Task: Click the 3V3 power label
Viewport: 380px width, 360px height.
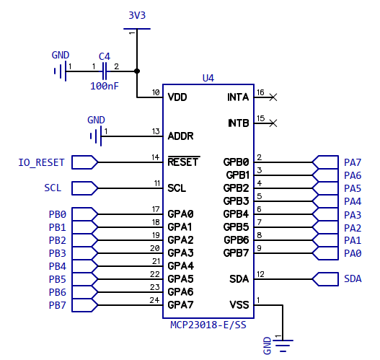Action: tap(137, 15)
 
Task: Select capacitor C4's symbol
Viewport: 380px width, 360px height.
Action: tap(105, 71)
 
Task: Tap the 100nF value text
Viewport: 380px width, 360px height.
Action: tap(105, 86)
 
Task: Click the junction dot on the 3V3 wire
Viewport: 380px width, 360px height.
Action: tap(137, 71)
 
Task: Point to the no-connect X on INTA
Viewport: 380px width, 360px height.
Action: tap(273, 97)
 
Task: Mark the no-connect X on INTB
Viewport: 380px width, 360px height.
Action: tap(273, 123)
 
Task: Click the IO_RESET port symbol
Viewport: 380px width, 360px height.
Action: tap(84, 162)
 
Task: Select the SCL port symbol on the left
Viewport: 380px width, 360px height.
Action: tap(84, 188)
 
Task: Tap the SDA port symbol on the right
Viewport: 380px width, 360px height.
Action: tap(325, 279)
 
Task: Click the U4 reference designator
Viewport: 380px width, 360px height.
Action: tap(208, 78)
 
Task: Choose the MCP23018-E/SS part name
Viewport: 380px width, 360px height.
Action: tap(208, 325)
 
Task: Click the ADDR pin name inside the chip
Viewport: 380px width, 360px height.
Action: tap(180, 136)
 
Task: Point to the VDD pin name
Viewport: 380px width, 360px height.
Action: tap(177, 97)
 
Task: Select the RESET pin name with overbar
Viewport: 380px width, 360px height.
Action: tap(183, 162)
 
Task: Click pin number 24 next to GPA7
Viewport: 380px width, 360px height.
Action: tap(154, 300)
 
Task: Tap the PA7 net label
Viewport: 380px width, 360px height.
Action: tap(353, 162)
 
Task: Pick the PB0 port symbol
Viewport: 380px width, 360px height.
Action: tap(84, 214)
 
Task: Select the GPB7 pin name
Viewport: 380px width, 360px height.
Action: tap(236, 253)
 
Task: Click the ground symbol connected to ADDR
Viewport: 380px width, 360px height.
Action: tap(96, 136)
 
